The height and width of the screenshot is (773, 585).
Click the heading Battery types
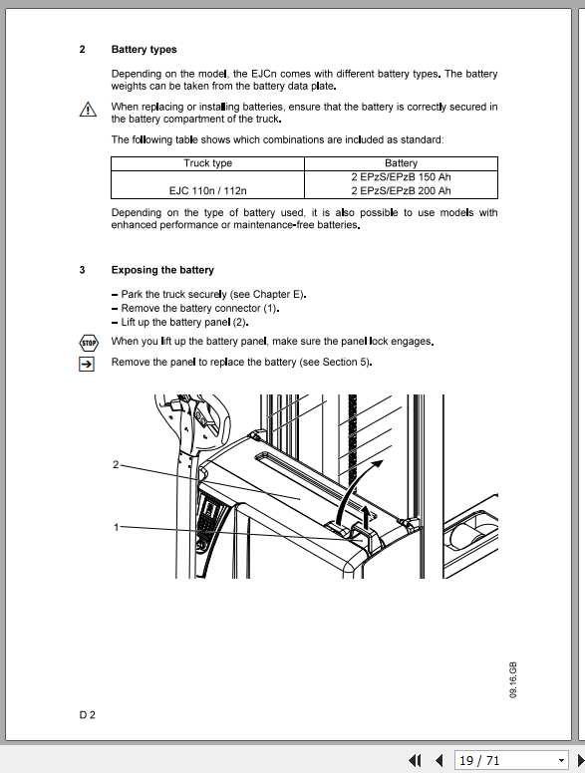point(144,49)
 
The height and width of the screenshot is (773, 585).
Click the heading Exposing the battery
point(161,270)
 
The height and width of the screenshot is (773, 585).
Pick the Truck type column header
point(207,163)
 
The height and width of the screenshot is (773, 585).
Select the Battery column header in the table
point(401,163)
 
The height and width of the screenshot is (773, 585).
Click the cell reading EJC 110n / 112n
point(207,191)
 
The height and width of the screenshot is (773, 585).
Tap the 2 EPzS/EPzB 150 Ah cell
point(401,177)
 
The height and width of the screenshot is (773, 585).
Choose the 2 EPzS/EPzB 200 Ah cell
point(401,191)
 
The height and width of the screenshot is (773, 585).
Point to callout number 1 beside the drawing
point(117,527)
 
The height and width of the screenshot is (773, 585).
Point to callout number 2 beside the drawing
point(117,465)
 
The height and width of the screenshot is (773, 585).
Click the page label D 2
point(88,714)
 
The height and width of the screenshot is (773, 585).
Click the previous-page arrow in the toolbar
point(439,761)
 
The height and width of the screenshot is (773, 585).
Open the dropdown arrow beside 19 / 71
point(561,761)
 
